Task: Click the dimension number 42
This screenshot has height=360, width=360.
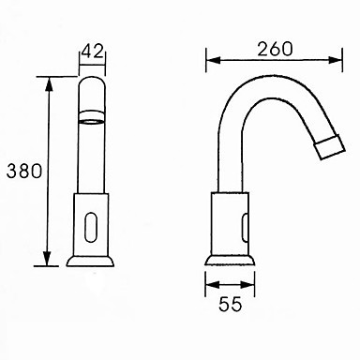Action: click(92, 52)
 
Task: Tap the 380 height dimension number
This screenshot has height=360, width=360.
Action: click(24, 171)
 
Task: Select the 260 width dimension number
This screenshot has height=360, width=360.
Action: click(275, 49)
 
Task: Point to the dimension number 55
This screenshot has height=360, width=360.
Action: click(231, 304)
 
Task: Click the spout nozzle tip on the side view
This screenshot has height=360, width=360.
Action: click(330, 146)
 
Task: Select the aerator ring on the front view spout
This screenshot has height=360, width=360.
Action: click(91, 116)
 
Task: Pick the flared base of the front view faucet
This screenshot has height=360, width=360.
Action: click(90, 262)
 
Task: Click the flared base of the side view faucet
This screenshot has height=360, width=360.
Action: click(230, 261)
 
